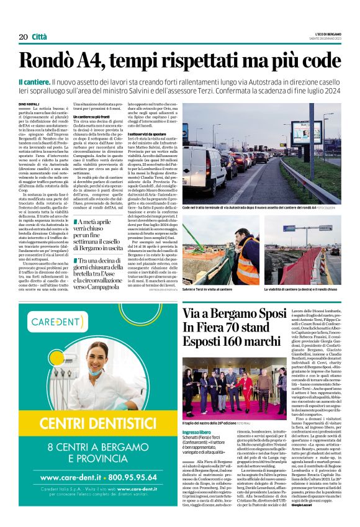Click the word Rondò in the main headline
pyautogui.click(x=67, y=60)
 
